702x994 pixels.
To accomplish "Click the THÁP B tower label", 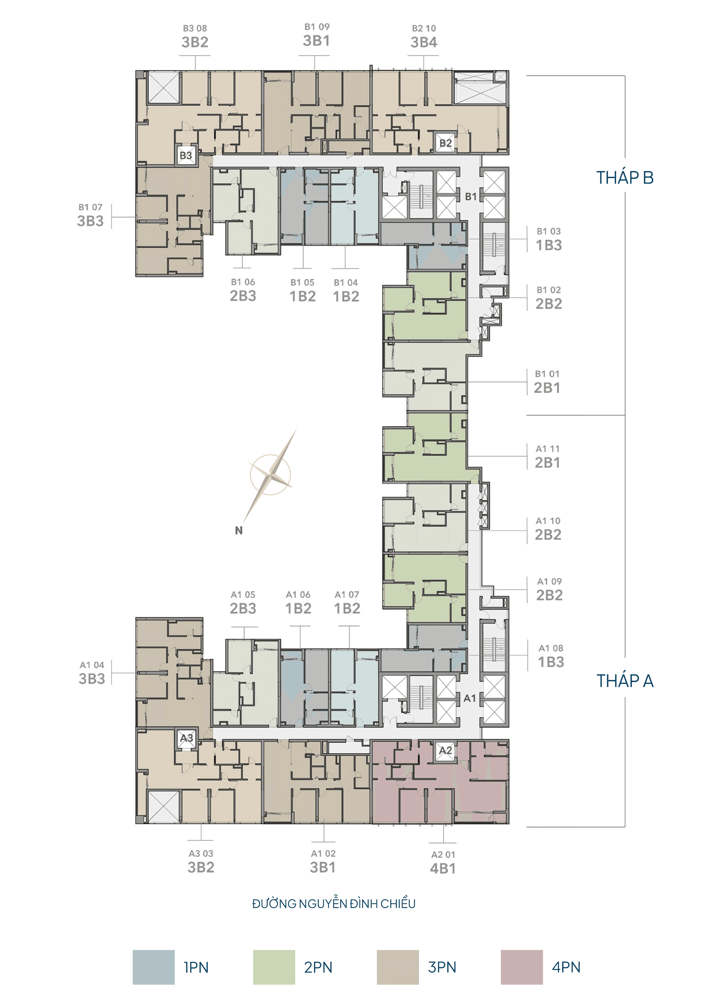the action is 625,177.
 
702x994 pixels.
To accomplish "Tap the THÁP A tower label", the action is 625,680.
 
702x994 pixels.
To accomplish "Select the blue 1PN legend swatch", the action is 153,967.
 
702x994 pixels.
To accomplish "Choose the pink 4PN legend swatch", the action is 522,967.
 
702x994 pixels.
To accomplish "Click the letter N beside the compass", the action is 239,530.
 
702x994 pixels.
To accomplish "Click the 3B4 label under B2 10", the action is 424,42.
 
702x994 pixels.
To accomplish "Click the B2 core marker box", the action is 446,143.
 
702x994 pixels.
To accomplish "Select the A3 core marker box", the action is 186,738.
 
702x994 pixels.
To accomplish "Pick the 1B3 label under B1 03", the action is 549,245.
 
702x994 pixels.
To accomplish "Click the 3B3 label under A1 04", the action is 92,678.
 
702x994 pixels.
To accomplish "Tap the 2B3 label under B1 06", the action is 243,296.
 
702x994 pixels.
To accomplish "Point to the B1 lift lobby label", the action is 471,197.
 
